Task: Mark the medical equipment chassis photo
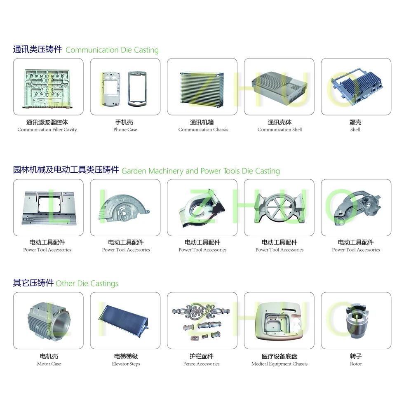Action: coord(279,320)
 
